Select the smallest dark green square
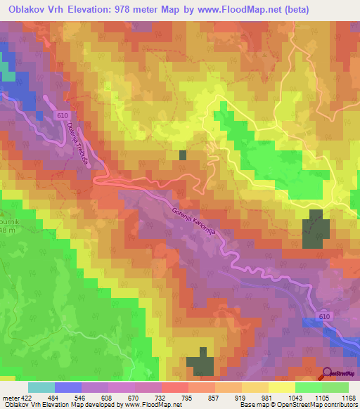(184, 155)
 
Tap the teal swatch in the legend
(41, 387)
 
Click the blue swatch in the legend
(67, 387)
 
